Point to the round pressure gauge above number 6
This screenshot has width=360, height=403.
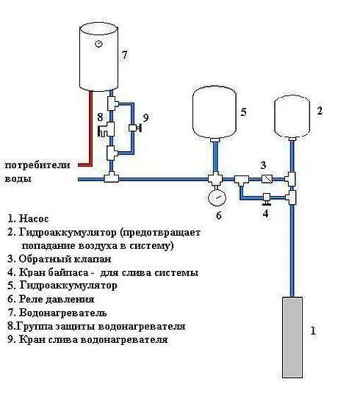[x=215, y=198]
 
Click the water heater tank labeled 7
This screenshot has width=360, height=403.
[x=98, y=59]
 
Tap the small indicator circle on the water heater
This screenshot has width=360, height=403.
[x=98, y=45]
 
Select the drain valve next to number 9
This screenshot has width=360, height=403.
[x=132, y=128]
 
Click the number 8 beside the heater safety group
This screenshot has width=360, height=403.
[x=99, y=117]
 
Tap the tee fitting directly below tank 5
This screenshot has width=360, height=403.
[x=215, y=178]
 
